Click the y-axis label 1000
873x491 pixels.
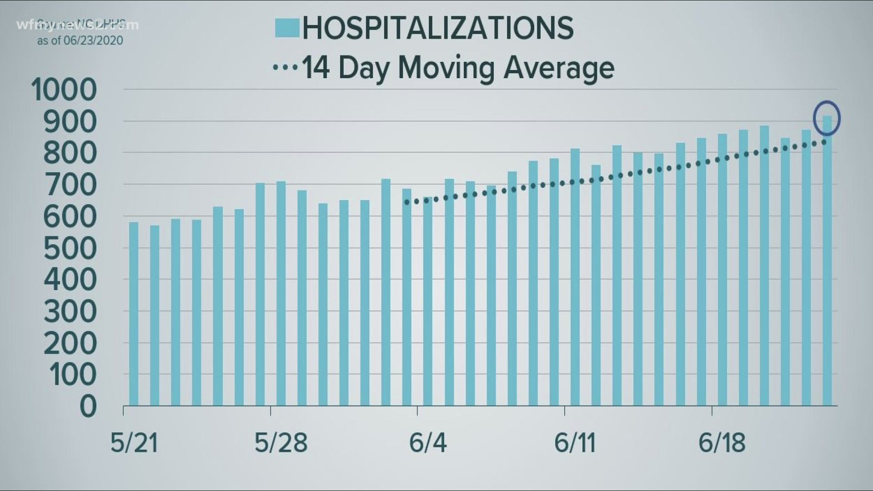64,90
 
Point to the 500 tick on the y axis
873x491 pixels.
70,249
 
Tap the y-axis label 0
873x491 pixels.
88,406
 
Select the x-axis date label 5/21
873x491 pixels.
134,442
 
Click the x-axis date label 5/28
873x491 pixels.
281,442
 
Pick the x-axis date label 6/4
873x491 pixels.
427,442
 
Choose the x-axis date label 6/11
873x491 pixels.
575,442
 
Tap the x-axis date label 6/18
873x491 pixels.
722,442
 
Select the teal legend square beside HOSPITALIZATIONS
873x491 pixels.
287,28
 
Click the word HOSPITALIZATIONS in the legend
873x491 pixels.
438,28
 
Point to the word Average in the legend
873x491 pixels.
559,68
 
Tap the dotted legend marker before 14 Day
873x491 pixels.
285,68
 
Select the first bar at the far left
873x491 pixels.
134,314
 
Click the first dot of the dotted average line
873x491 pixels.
406,202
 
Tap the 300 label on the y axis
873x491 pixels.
70,312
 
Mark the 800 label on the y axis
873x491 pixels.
70,153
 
